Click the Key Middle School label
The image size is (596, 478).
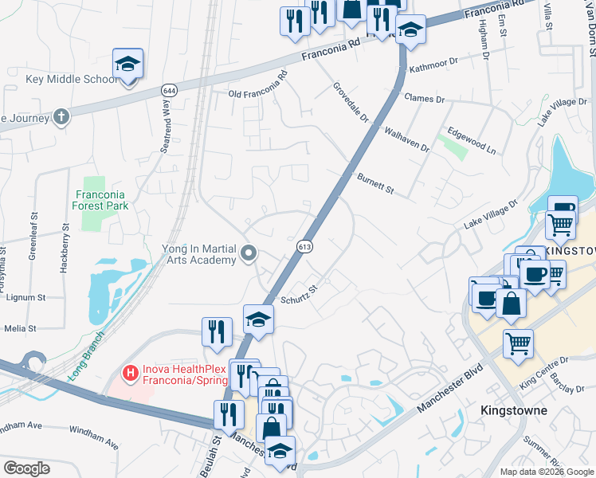pos(66,80)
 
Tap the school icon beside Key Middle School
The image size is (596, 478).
pos(127,64)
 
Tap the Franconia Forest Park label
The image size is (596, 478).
pos(102,199)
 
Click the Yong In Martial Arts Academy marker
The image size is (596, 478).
pos(249,254)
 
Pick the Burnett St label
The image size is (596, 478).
pos(376,185)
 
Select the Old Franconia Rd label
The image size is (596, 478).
pos(257,85)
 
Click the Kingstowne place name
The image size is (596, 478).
pos(515,410)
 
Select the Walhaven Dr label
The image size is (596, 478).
pos(406,139)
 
